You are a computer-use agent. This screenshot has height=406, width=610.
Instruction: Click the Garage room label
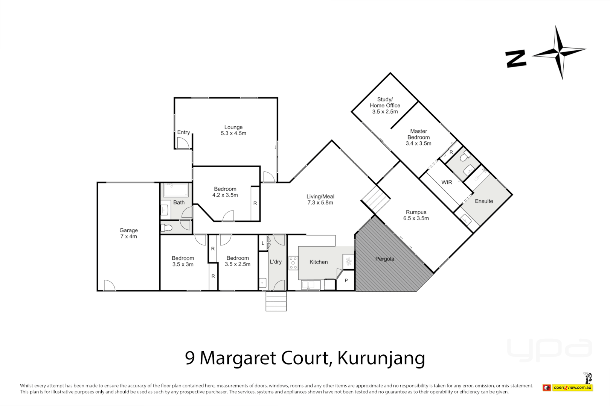[128, 233]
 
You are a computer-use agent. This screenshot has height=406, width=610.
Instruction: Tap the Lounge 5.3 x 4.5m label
[233, 130]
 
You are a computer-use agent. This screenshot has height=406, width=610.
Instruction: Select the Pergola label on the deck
[384, 259]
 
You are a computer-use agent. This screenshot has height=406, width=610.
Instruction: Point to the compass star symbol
[559, 52]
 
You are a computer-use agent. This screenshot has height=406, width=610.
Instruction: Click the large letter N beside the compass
[515, 59]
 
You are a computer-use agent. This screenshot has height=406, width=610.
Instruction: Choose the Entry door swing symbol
[183, 143]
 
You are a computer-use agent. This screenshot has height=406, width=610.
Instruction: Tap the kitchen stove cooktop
[293, 263]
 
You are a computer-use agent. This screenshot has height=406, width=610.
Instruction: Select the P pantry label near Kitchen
[346, 280]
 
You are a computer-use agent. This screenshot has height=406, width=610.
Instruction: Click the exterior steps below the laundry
[276, 301]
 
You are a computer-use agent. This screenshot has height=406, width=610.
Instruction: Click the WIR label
[447, 182]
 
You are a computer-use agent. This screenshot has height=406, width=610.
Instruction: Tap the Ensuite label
[484, 201]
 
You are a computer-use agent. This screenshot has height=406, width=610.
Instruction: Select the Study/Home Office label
[385, 105]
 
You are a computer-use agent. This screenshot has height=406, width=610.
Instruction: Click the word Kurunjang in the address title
[381, 358]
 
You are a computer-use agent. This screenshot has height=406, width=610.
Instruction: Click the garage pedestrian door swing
[109, 285]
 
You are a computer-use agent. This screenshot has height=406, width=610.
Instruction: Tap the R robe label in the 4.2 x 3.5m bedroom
[255, 203]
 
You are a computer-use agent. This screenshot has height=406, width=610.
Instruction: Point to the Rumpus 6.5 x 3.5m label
[416, 215]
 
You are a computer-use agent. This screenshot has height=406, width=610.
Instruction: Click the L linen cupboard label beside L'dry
[263, 243]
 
